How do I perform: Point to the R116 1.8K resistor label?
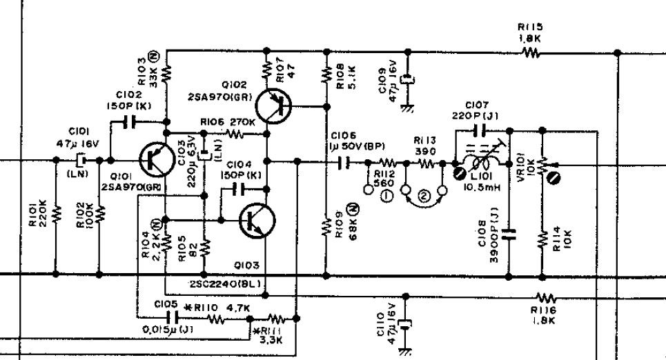pos(543,316)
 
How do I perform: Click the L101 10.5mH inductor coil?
pos(478,165)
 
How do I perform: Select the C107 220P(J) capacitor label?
pos(477,110)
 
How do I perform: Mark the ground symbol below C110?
pos(406,349)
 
